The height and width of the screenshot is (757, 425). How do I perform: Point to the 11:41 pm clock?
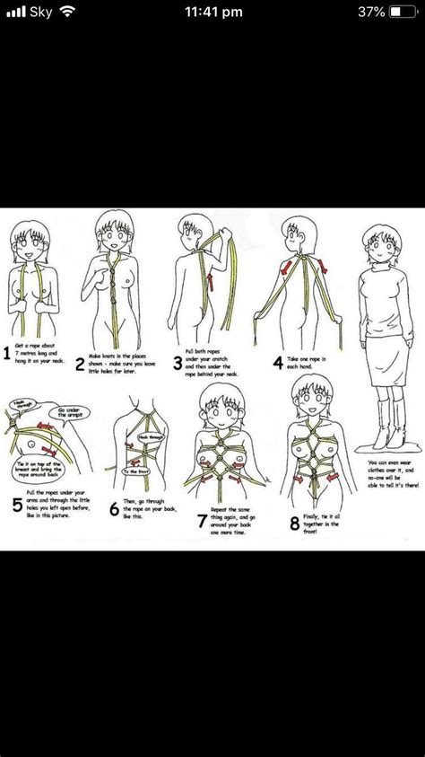pos(212,12)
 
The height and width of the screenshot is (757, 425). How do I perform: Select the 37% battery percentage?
pos(370,12)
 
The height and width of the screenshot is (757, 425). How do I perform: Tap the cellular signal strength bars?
pos(14,12)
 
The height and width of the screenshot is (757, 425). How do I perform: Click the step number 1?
pos(7,354)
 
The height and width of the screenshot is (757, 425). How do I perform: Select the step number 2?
pos(80,363)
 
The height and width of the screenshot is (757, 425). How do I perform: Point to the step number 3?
pos(178,363)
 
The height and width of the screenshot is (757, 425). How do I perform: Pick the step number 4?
pos(278,363)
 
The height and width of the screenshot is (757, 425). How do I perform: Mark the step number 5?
pos(17,504)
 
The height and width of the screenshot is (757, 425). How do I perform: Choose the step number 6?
pos(114,508)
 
